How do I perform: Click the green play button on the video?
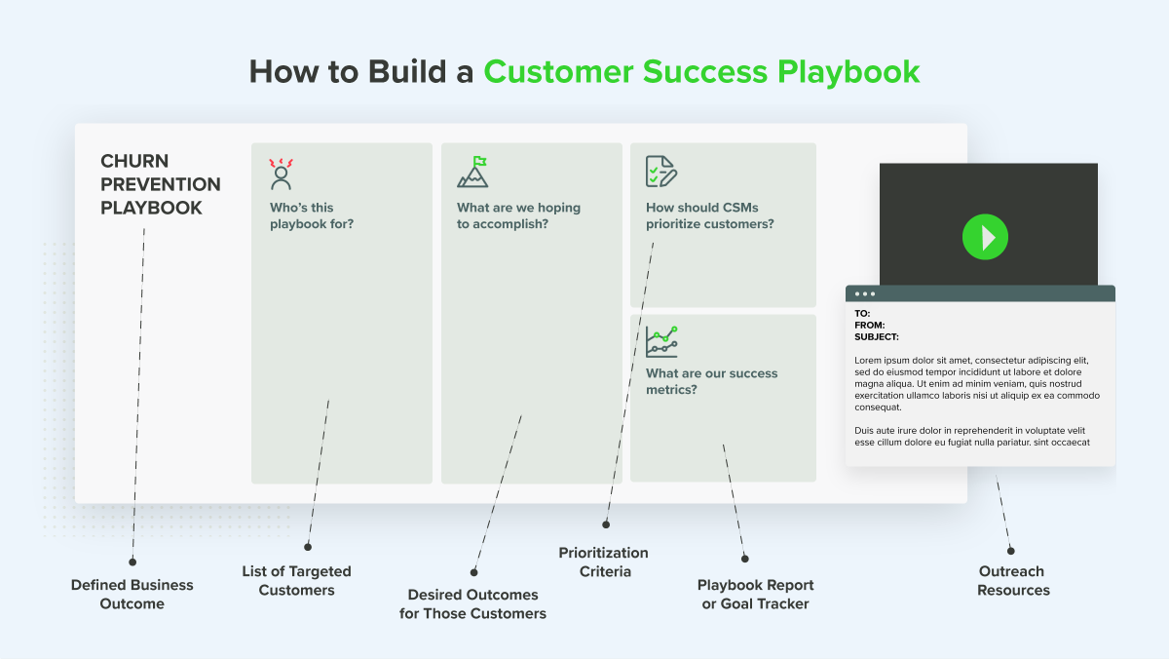click(985, 237)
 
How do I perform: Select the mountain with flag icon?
click(472, 173)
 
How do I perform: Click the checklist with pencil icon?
click(660, 172)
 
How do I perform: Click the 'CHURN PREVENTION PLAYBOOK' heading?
click(161, 184)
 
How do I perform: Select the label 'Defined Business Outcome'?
click(132, 594)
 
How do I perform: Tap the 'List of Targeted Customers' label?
click(296, 580)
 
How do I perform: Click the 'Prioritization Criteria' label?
click(603, 562)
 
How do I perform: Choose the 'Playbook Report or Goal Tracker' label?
click(755, 594)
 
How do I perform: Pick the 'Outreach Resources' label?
click(1013, 580)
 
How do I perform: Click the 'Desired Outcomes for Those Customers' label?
click(472, 603)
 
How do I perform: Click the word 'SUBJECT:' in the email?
click(877, 336)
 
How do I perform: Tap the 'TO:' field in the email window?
click(862, 313)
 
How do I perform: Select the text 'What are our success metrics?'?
click(711, 381)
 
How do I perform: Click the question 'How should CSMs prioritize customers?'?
click(709, 215)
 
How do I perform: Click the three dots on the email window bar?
click(865, 293)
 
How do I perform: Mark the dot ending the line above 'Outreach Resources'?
click(1010, 550)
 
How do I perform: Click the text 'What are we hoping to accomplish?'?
click(518, 215)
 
